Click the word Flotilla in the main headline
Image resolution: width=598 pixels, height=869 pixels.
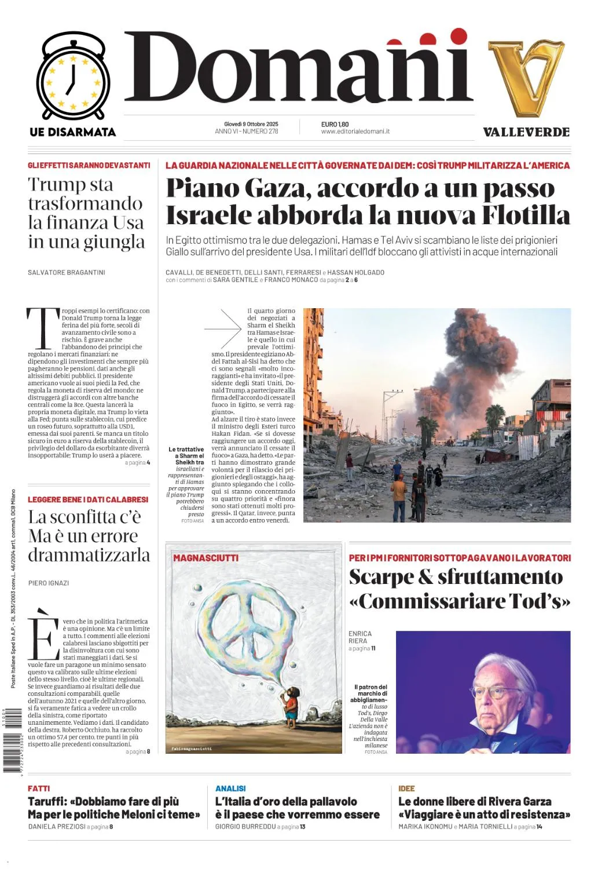point(526,215)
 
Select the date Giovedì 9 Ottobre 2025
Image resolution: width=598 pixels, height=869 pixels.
point(251,124)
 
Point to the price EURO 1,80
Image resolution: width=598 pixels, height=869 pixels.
point(335,124)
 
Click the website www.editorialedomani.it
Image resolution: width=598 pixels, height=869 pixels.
point(355,132)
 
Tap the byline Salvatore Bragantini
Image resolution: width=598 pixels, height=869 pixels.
point(67,272)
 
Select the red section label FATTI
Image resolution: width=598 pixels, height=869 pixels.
point(39,788)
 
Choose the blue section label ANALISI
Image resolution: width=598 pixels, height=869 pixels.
point(230,788)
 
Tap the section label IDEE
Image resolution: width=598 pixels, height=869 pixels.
point(406,788)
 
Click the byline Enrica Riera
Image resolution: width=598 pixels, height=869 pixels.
point(360,637)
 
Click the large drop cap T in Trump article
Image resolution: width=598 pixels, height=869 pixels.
point(43,328)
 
